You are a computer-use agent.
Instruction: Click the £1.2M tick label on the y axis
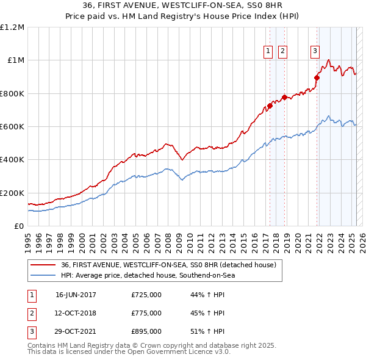(x=12, y=27)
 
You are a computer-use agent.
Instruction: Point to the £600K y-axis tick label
(x=12, y=127)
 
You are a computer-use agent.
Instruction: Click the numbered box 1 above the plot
(x=269, y=52)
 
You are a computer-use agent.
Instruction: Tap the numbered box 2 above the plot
(x=283, y=52)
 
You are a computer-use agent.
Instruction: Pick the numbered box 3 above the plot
(x=315, y=52)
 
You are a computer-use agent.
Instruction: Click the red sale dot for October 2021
(x=317, y=77)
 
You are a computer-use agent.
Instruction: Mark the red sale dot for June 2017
(x=270, y=106)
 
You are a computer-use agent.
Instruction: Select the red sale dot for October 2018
(x=284, y=98)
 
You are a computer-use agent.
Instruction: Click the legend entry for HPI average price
(x=148, y=275)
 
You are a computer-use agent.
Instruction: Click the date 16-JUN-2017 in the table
(x=76, y=295)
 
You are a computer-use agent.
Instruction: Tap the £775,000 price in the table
(x=146, y=313)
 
